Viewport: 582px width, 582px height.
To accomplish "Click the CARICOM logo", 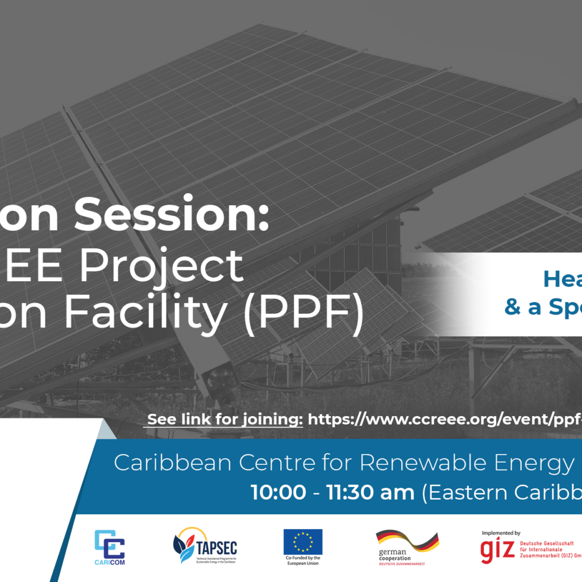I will point(110,547).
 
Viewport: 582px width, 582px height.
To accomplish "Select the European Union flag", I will point(303,542).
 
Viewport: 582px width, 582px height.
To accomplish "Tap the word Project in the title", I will point(190,266).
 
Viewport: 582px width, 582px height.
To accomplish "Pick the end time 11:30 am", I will point(370,493).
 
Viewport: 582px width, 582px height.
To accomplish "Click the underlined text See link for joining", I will point(225,420).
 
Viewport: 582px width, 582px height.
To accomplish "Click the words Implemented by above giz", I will point(501,533).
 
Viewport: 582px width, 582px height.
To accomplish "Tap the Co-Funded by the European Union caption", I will point(303,560).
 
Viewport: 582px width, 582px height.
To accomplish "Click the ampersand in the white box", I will point(513,307).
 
